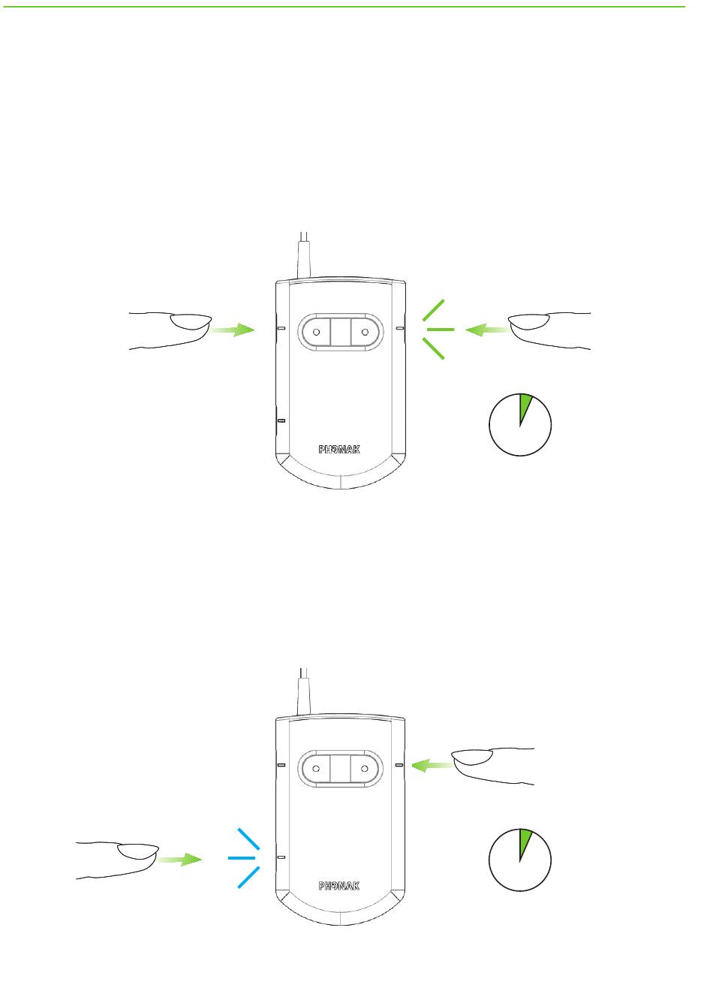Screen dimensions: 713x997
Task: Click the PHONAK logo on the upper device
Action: pyautogui.click(x=339, y=449)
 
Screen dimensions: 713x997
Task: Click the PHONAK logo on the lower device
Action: pyautogui.click(x=339, y=886)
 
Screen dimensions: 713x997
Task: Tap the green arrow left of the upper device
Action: pyautogui.click(x=233, y=330)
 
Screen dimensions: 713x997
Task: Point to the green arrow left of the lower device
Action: pyautogui.click(x=180, y=859)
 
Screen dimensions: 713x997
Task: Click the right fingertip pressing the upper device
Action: pyautogui.click(x=528, y=324)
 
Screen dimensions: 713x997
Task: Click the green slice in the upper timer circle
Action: pyautogui.click(x=525, y=405)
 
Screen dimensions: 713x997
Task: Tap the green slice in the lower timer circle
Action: pyautogui.click(x=525, y=842)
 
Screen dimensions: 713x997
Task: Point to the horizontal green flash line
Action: pyautogui.click(x=441, y=330)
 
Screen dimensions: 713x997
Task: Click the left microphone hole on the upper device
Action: pyautogui.click(x=316, y=331)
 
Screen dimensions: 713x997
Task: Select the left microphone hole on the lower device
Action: pyautogui.click(x=316, y=768)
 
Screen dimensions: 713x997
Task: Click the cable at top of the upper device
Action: pyautogui.click(x=304, y=255)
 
